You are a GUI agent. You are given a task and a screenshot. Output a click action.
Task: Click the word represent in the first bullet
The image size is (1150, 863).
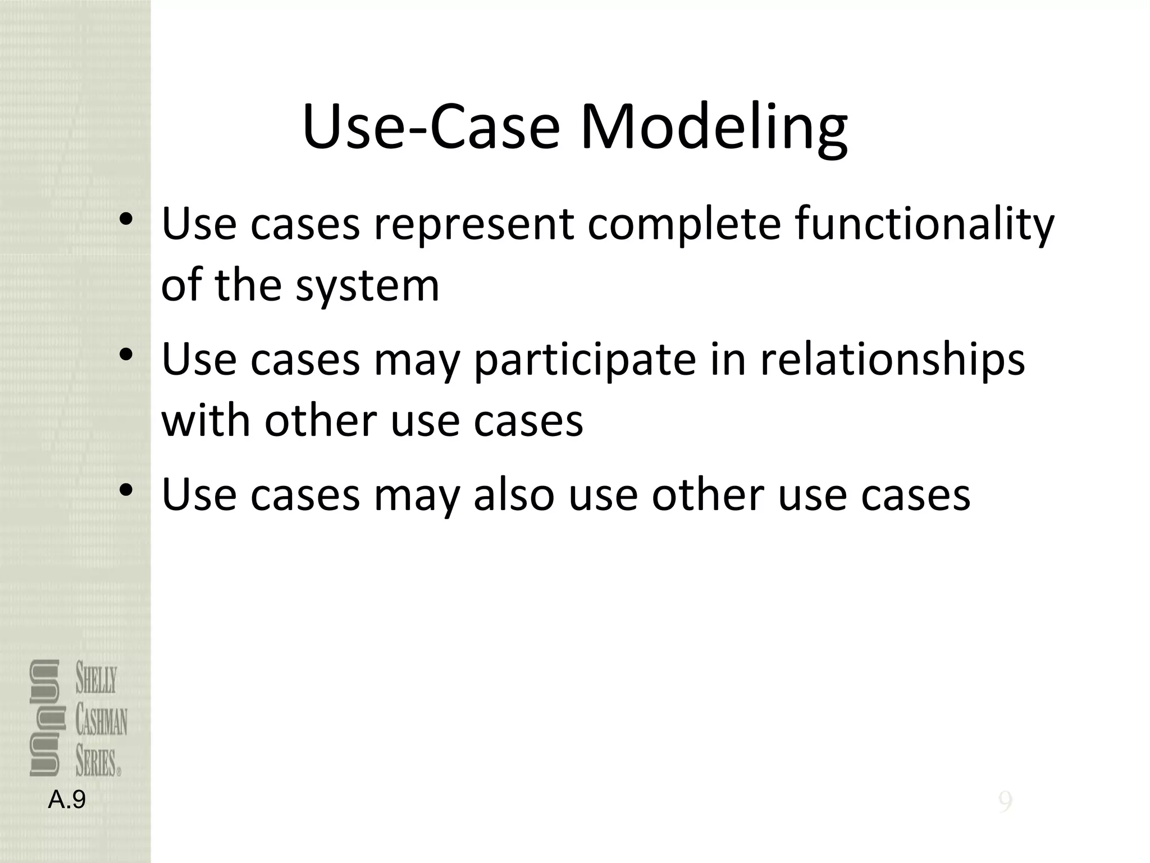click(x=474, y=225)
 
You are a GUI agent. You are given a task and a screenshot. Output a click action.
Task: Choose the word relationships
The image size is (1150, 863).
click(x=892, y=361)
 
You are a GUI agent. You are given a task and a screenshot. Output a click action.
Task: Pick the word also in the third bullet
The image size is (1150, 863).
click(x=514, y=496)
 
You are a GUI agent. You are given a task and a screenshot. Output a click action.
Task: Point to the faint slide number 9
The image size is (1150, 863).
click(x=1005, y=802)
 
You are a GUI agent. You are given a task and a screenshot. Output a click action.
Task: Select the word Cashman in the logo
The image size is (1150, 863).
click(x=102, y=721)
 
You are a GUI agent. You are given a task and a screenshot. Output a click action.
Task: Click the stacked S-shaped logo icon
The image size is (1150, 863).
click(x=44, y=718)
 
